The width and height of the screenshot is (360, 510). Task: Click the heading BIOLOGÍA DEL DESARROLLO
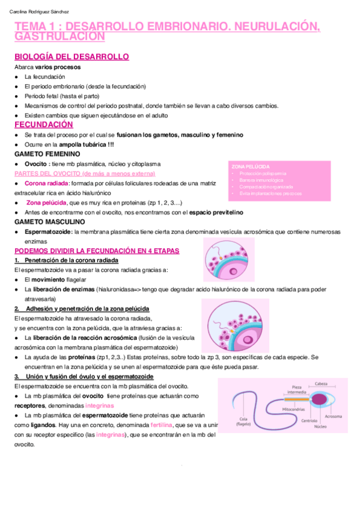click(72, 57)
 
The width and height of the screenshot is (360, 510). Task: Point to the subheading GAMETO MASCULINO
click(50, 222)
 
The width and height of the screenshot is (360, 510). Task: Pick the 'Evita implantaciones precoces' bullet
click(270, 194)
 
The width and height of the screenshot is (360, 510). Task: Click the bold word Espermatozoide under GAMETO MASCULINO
click(48, 232)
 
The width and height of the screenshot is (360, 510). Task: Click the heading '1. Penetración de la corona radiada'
click(66, 260)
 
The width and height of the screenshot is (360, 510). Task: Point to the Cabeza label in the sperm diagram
click(321, 384)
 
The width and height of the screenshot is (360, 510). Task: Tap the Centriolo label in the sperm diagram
click(310, 420)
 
